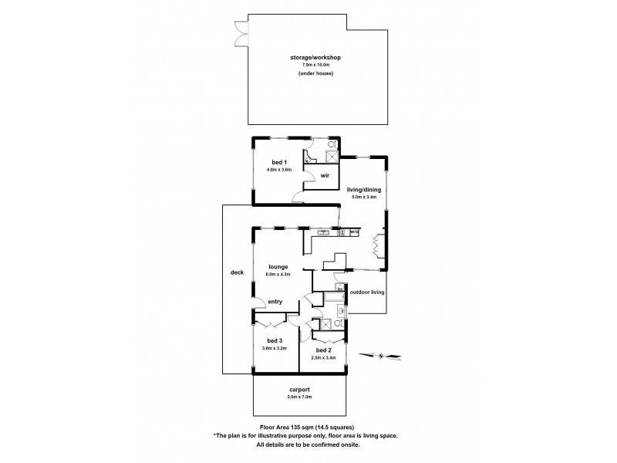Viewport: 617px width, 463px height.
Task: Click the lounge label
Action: coord(278,267)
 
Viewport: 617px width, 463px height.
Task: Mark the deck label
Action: coord(238,272)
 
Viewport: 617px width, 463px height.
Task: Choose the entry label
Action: coord(275,302)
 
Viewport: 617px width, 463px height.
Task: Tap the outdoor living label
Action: coord(367,292)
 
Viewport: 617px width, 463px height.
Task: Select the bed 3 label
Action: coord(275,340)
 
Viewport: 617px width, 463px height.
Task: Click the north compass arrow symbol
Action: coord(386,356)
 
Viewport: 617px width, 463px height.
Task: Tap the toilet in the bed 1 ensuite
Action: coord(332,144)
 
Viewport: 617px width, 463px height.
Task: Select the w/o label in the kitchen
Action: coord(355,231)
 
